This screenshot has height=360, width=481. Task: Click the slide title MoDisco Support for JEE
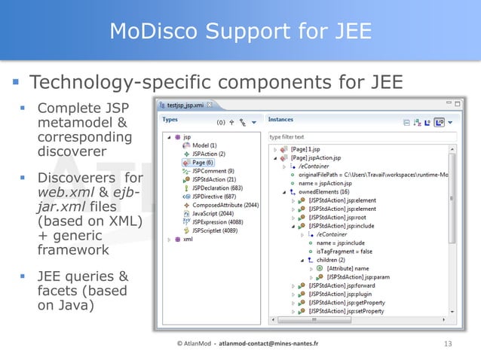click(240, 31)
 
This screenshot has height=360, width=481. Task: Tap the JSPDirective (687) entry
click(212, 196)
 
